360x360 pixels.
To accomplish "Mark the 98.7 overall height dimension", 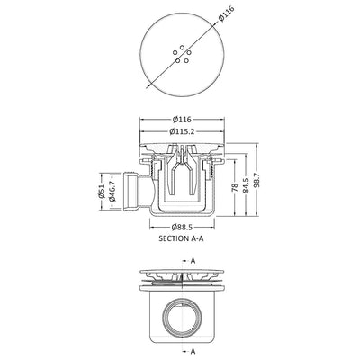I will tap(257, 184).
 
